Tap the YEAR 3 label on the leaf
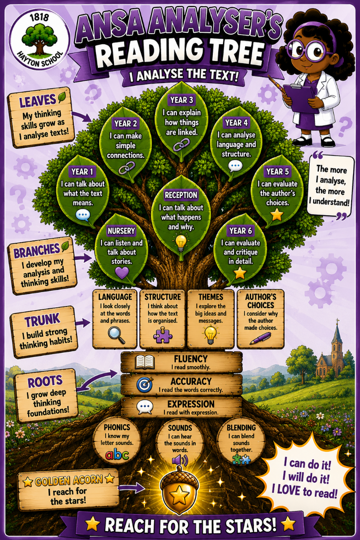click(181, 100)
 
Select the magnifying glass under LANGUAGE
click(116, 335)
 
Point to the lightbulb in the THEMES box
click(210, 335)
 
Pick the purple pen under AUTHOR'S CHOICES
click(260, 338)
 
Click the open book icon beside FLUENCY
click(144, 363)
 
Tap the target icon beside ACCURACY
click(144, 384)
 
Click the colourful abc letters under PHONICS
click(117, 455)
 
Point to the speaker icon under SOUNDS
click(180, 460)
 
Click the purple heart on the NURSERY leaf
click(121, 272)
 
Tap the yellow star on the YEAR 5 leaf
click(277, 215)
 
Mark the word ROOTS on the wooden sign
click(45, 381)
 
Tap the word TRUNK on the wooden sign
click(42, 320)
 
